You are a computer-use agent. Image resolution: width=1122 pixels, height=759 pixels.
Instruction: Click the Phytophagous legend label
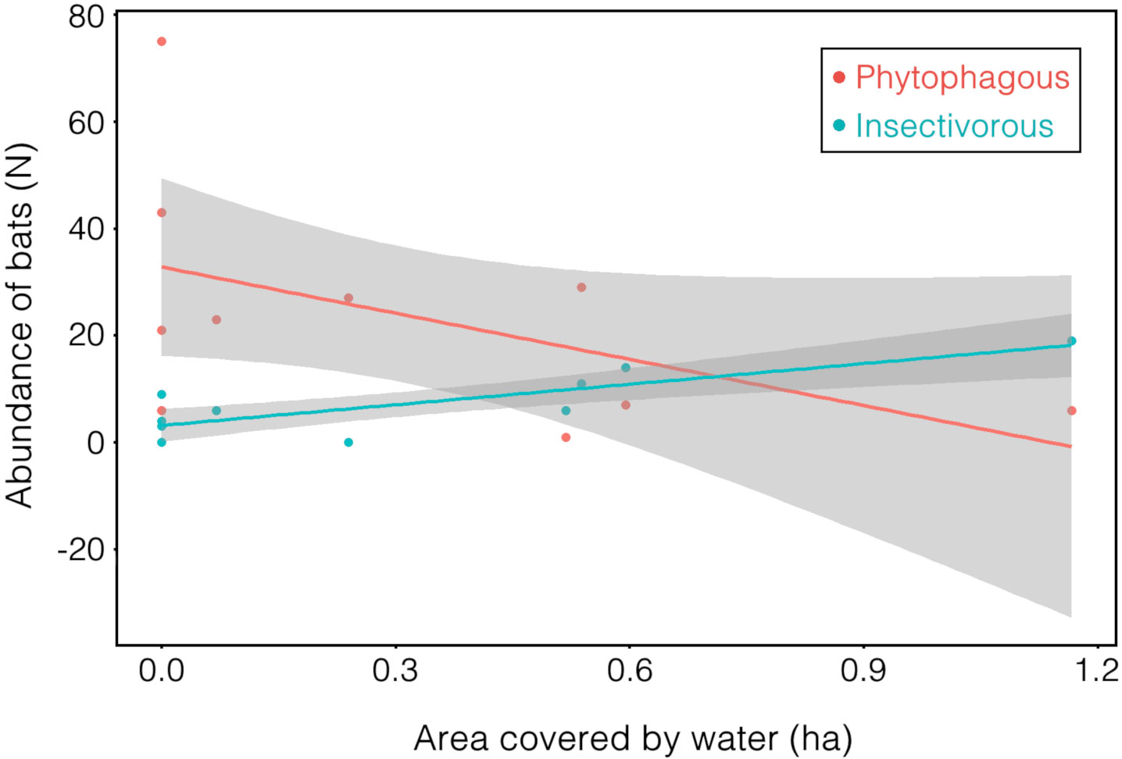click(962, 77)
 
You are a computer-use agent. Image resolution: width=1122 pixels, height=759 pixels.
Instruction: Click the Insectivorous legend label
click(954, 126)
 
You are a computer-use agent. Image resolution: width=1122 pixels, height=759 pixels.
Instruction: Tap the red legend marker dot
click(839, 77)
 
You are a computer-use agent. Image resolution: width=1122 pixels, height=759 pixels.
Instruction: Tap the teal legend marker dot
click(839, 126)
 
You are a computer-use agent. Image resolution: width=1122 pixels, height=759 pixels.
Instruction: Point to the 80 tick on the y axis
click(86, 16)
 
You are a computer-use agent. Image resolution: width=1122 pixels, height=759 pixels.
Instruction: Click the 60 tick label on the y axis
click(86, 123)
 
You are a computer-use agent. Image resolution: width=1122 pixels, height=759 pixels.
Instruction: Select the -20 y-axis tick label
click(81, 550)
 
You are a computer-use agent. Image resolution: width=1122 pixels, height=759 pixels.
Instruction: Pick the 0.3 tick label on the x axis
click(395, 670)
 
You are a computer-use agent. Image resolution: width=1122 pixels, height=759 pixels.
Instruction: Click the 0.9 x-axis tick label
click(863, 670)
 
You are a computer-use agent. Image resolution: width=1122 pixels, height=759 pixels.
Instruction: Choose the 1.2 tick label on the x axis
click(1096, 670)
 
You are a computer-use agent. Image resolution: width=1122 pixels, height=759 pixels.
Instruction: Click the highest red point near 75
click(162, 41)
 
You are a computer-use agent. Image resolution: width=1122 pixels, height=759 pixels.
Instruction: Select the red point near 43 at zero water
click(162, 212)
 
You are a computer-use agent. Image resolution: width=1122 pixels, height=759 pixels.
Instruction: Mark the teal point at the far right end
click(1071, 341)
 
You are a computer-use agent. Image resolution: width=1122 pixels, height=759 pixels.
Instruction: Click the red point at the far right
click(1071, 411)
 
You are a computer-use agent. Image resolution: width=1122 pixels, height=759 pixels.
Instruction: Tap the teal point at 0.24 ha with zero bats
click(348, 443)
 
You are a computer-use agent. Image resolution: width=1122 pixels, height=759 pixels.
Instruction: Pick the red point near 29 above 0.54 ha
click(581, 287)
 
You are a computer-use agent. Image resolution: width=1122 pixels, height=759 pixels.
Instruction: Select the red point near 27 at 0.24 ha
click(348, 298)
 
